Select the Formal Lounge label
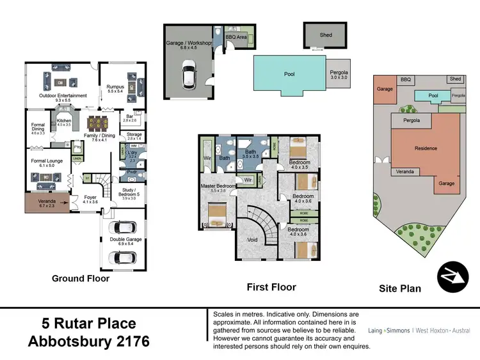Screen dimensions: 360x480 [x=46, y=161]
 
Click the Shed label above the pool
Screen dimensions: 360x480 [x=326, y=35]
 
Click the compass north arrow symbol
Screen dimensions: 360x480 [x=453, y=277]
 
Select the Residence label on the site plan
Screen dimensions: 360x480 [x=426, y=148]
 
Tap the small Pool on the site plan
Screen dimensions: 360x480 [x=433, y=95]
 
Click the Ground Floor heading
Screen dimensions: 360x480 [x=81, y=279]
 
